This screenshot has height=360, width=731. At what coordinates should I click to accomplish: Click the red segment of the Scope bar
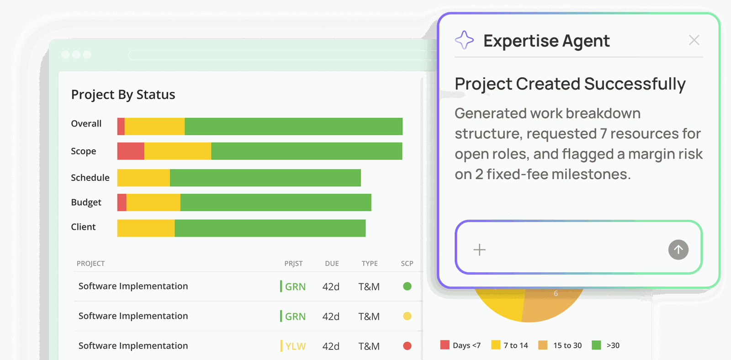coord(131,151)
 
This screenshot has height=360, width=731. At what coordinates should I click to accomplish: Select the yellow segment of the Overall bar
coord(155,126)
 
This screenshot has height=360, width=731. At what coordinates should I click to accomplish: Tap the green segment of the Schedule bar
coord(265,178)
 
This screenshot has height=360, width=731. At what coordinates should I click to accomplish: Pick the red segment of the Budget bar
coord(122,202)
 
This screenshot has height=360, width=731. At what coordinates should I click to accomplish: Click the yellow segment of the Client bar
coord(146,228)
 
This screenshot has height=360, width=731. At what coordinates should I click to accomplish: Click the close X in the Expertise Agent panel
coord(694,40)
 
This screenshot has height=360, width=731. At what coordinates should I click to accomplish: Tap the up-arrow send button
coord(678,250)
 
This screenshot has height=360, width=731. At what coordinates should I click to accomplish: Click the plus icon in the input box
coord(479,250)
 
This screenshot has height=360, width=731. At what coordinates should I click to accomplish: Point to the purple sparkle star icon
coord(464,40)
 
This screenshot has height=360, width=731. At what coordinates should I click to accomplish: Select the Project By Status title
coord(123,94)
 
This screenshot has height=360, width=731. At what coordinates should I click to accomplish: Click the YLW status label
coord(295,346)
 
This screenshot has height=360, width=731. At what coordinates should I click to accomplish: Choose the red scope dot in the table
coord(407,346)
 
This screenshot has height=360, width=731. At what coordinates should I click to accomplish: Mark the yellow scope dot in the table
coord(407,316)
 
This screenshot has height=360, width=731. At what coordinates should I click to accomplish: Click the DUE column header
coord(332,264)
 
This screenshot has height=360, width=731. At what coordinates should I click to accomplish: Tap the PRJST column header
coord(293,264)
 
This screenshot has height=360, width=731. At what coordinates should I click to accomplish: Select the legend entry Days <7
coord(461,345)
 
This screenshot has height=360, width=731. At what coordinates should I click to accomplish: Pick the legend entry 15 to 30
coord(560,345)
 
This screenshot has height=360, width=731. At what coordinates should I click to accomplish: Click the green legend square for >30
coord(596,345)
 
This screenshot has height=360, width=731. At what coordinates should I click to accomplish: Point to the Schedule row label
coord(90,178)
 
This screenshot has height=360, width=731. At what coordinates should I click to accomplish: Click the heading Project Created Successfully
coord(570,84)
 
